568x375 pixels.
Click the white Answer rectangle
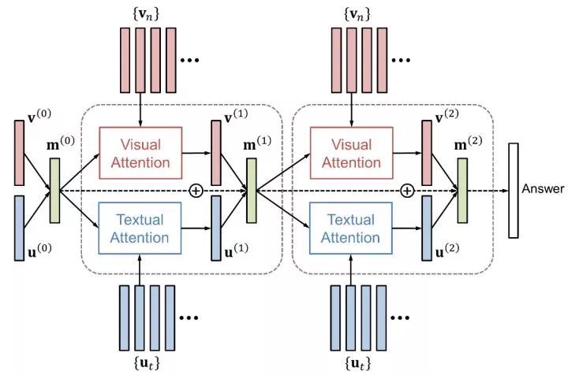click(513, 190)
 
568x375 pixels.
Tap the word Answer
click(543, 189)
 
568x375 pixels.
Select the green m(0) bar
click(54, 190)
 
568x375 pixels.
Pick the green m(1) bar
click(252, 191)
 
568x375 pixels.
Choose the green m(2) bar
click(461, 190)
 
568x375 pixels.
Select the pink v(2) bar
click(427, 151)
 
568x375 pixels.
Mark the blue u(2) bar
click(427, 228)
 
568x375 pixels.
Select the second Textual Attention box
click(351, 228)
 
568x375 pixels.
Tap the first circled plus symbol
click(197, 190)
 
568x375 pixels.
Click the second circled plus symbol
click(407, 190)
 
